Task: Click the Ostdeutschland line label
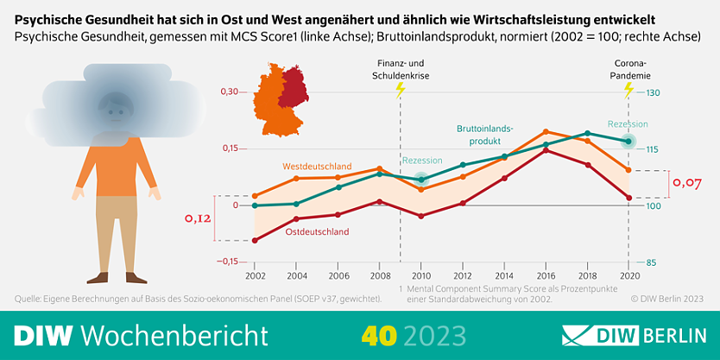pyautogui.click(x=317, y=231)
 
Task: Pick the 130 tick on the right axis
pyautogui.click(x=653, y=92)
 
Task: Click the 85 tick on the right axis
pyautogui.click(x=651, y=262)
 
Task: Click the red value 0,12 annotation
pyautogui.click(x=198, y=218)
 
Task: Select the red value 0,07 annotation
pyautogui.click(x=687, y=183)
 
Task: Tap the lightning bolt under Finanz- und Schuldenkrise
pyautogui.click(x=399, y=90)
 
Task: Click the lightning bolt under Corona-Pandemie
pyautogui.click(x=628, y=90)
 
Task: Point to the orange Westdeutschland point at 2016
pyautogui.click(x=546, y=132)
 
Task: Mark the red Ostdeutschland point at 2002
pyautogui.click(x=255, y=240)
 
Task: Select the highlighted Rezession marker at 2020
pyautogui.click(x=628, y=141)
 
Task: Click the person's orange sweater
pyautogui.click(x=115, y=168)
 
